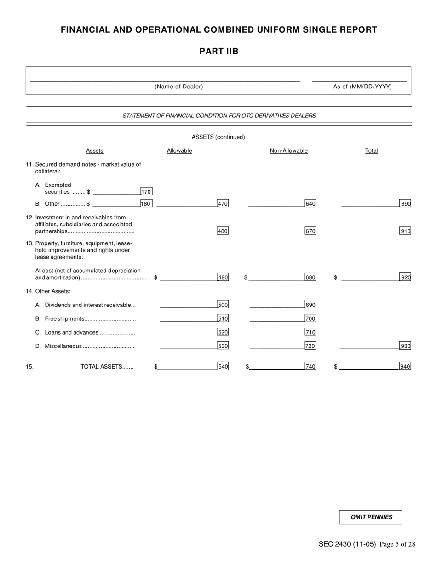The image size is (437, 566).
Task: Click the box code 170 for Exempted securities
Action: pyautogui.click(x=146, y=191)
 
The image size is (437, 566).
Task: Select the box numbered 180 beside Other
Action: pyautogui.click(x=146, y=203)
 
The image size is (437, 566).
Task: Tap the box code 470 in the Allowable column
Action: pyautogui.click(x=223, y=203)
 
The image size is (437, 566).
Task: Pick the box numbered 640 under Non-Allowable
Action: pyautogui.click(x=310, y=203)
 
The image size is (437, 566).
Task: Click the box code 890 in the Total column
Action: pyautogui.click(x=405, y=203)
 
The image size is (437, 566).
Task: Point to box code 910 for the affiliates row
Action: pyautogui.click(x=405, y=231)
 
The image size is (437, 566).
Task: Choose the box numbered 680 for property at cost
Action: pyautogui.click(x=310, y=277)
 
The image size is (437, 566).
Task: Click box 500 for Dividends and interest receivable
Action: pyautogui.click(x=223, y=305)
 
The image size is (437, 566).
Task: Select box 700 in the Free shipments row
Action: pyautogui.click(x=310, y=318)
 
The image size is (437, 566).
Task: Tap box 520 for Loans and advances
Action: pyautogui.click(x=223, y=332)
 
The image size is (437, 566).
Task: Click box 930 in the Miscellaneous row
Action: pyautogui.click(x=405, y=346)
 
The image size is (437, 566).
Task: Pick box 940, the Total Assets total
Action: pyautogui.click(x=405, y=366)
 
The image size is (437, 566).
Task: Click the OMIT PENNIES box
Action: pyautogui.click(x=371, y=517)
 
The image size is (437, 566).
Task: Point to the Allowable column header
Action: pyautogui.click(x=179, y=151)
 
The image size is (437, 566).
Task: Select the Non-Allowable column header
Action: pyautogui.click(x=288, y=151)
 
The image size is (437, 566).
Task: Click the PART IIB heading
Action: pyautogui.click(x=219, y=51)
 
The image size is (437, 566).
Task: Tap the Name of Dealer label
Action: pyautogui.click(x=179, y=87)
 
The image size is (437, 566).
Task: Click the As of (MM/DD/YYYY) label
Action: pyautogui.click(x=362, y=87)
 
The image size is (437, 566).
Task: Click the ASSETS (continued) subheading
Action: pyautogui.click(x=218, y=137)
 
